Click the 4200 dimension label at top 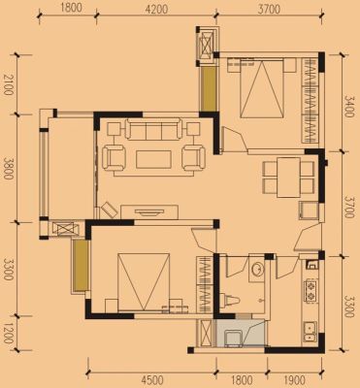click(x=156, y=9)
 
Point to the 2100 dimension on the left click(x=9, y=84)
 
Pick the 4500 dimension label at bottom click(x=153, y=379)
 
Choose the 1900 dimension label click(x=296, y=379)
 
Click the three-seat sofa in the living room click(x=153, y=129)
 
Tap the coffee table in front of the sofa click(x=153, y=159)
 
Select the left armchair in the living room click(x=114, y=158)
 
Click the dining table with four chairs click(x=288, y=178)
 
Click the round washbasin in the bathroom click(x=257, y=269)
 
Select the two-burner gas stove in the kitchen click(x=311, y=291)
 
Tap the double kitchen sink click(x=311, y=332)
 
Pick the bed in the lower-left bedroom click(x=144, y=282)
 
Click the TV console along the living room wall click(x=149, y=211)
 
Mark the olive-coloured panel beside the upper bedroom click(x=208, y=88)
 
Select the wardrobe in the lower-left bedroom click(x=205, y=284)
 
